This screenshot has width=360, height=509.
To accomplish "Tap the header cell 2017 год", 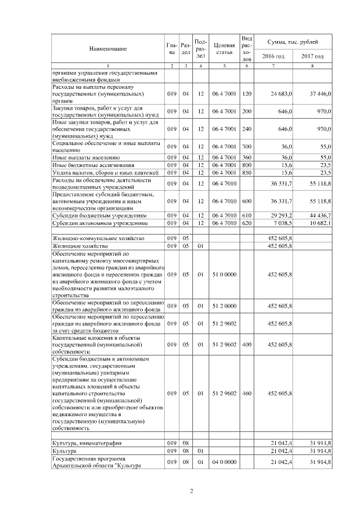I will pyautogui.click(x=312, y=56).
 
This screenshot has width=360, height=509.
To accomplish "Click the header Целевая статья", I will pyautogui.click(x=223, y=49).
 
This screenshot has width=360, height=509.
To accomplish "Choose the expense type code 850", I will pyautogui.click(x=246, y=173).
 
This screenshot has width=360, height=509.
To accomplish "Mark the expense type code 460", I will pyautogui.click(x=246, y=393).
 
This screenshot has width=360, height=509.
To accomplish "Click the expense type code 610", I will pyautogui.click(x=246, y=215).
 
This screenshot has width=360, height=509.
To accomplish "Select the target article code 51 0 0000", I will pyautogui.click(x=224, y=274).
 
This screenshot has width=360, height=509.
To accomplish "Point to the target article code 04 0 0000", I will pyautogui.click(x=224, y=462).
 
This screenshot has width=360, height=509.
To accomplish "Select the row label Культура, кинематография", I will pyautogui.click(x=84, y=443).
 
